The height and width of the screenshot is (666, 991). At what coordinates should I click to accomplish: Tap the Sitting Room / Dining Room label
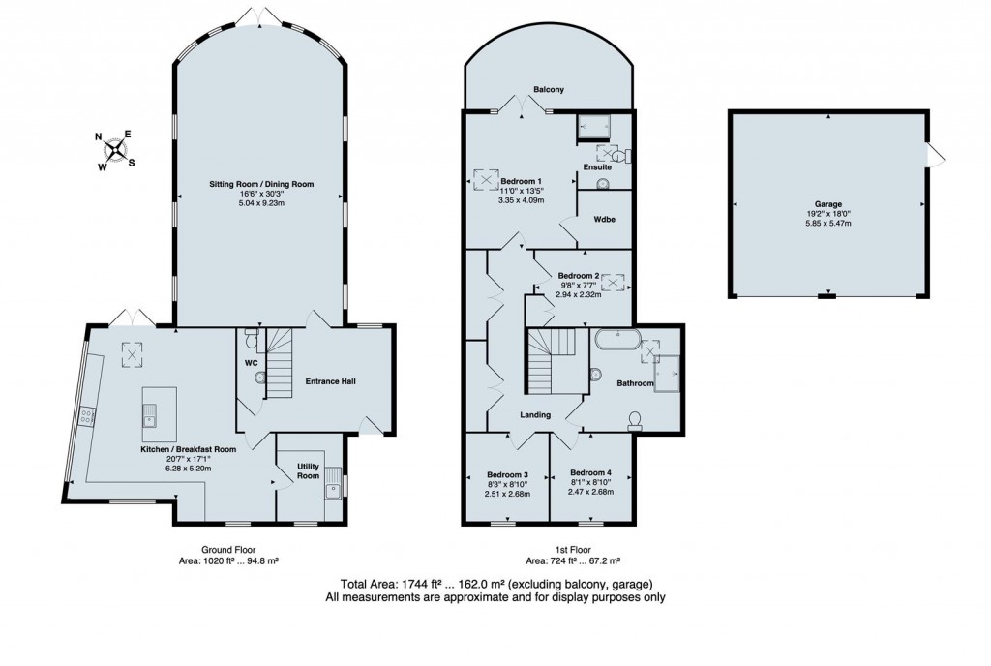[x=264, y=184]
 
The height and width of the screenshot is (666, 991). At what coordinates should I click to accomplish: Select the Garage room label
[x=826, y=205]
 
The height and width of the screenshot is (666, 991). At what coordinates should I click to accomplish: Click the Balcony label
[x=549, y=90]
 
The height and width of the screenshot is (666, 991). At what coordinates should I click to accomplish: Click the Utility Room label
[x=308, y=470]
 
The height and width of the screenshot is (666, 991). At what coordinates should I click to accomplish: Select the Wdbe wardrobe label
[x=605, y=219]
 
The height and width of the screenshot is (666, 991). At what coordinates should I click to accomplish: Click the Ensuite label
[x=596, y=167]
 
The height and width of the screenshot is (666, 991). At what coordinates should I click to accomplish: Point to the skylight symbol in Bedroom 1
[x=483, y=180]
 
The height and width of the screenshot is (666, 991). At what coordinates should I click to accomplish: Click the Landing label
[x=535, y=415]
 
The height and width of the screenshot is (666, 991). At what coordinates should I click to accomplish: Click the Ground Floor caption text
[x=227, y=547]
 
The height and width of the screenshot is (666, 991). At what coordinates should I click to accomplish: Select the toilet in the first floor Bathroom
[x=636, y=418]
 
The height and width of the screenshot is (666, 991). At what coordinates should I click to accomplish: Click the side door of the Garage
[x=933, y=156]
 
